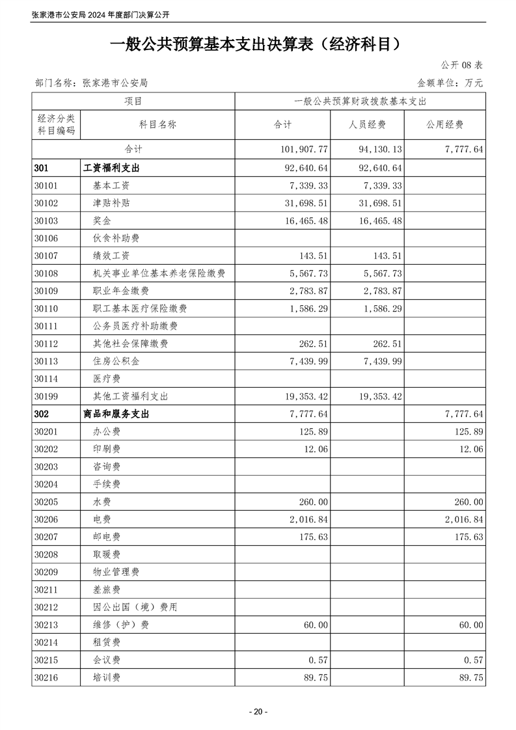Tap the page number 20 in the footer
258,712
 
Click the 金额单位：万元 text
450,83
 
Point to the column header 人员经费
367,125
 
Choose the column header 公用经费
445,125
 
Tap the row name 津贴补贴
111,203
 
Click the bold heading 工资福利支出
112,168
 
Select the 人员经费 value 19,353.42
380,396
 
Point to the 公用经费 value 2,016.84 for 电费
461,519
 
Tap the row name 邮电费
107,537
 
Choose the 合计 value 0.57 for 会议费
318,660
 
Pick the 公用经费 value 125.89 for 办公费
466,431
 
